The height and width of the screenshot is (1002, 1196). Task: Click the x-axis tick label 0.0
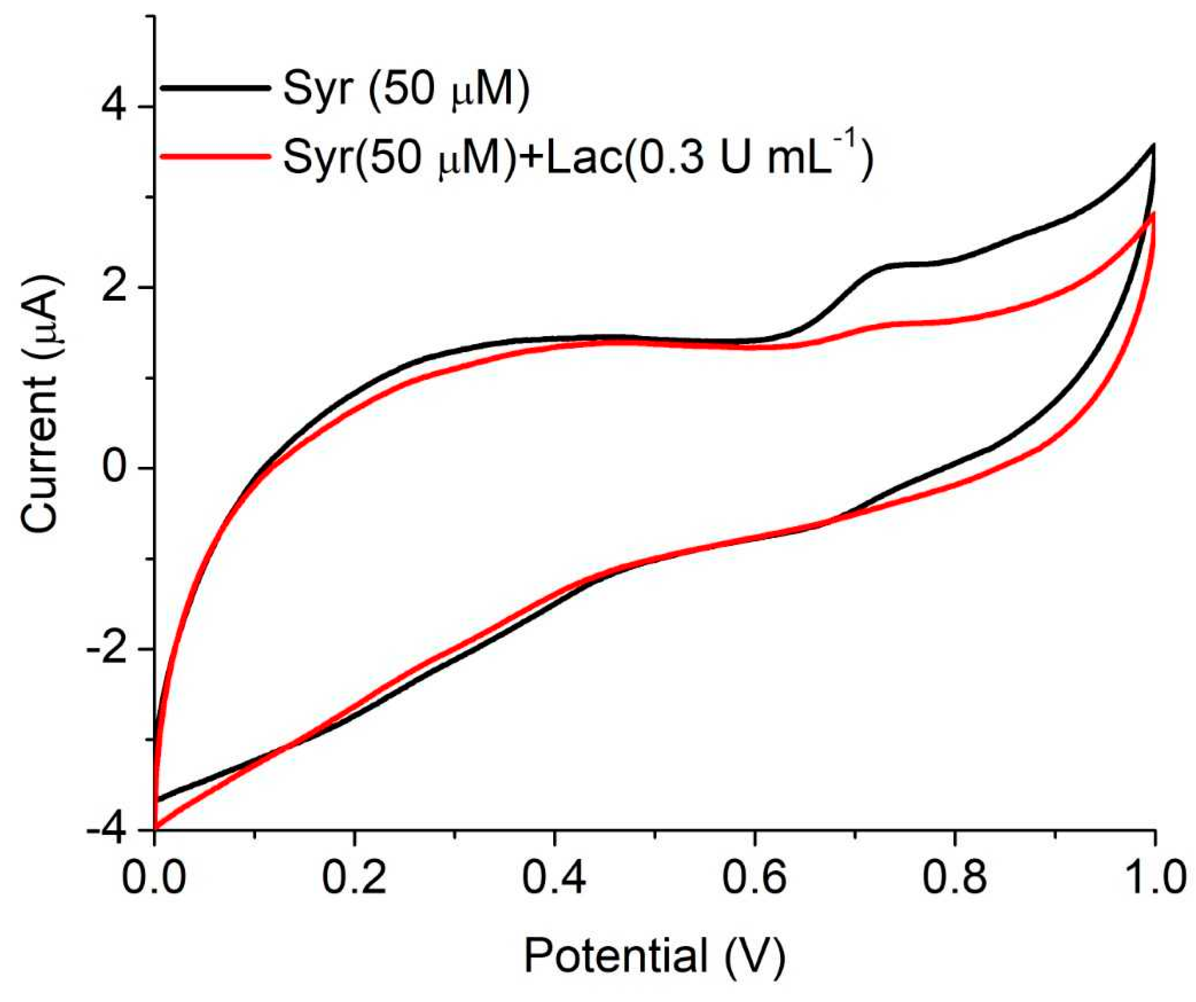tap(154, 878)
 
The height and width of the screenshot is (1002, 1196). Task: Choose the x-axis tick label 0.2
tap(354, 878)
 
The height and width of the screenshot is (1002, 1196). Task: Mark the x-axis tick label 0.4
tap(554, 878)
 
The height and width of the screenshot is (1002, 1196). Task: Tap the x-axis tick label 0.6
tap(754, 878)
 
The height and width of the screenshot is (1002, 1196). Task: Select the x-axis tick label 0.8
tap(954, 878)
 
